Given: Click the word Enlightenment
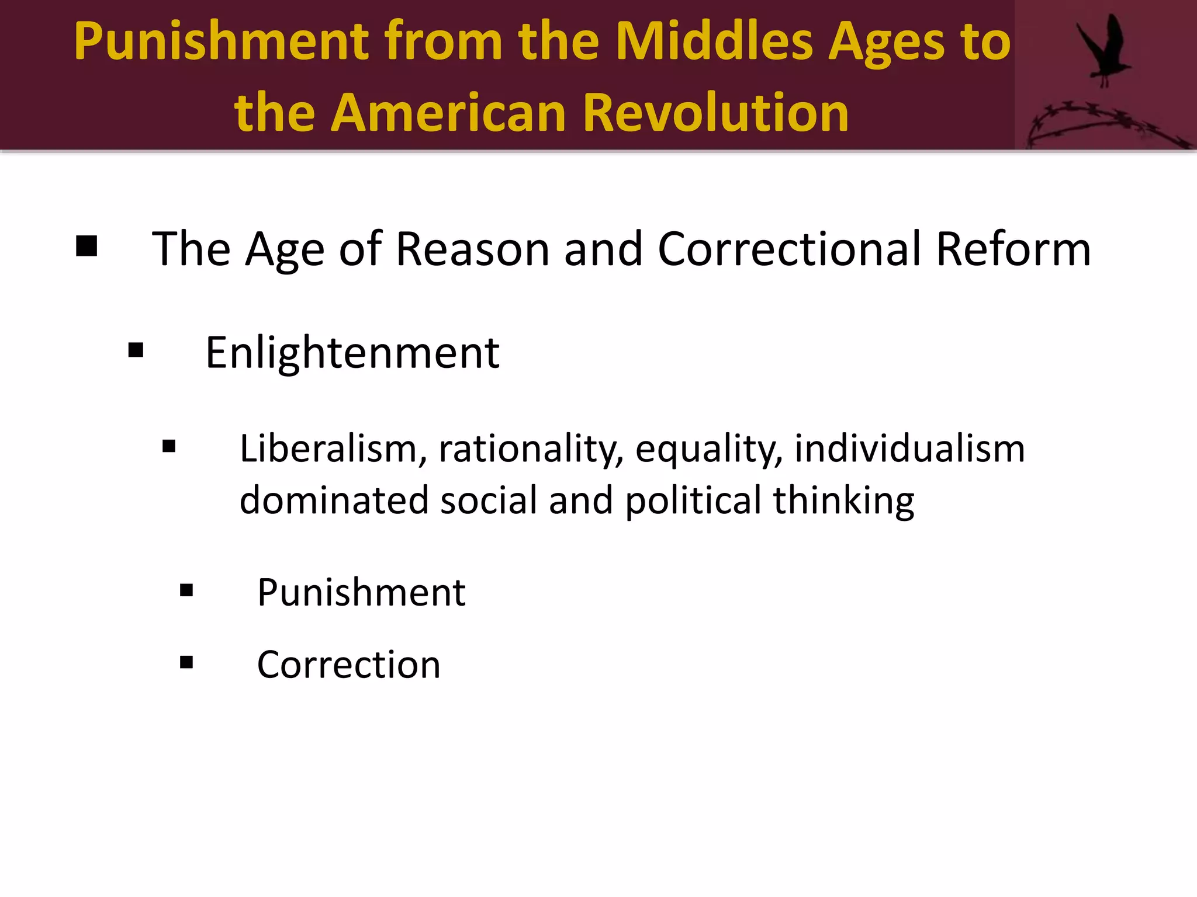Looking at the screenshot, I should click(352, 353).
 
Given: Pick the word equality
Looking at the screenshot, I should click(709, 450).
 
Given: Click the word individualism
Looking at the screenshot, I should click(909, 448).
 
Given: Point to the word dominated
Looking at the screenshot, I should click(334, 500).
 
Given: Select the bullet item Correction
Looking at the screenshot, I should click(348, 665).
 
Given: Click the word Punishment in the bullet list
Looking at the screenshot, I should click(361, 592).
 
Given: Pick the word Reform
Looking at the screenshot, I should click(1013, 249).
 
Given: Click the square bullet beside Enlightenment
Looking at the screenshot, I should click(136, 350).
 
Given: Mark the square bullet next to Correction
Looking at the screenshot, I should click(186, 662).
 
